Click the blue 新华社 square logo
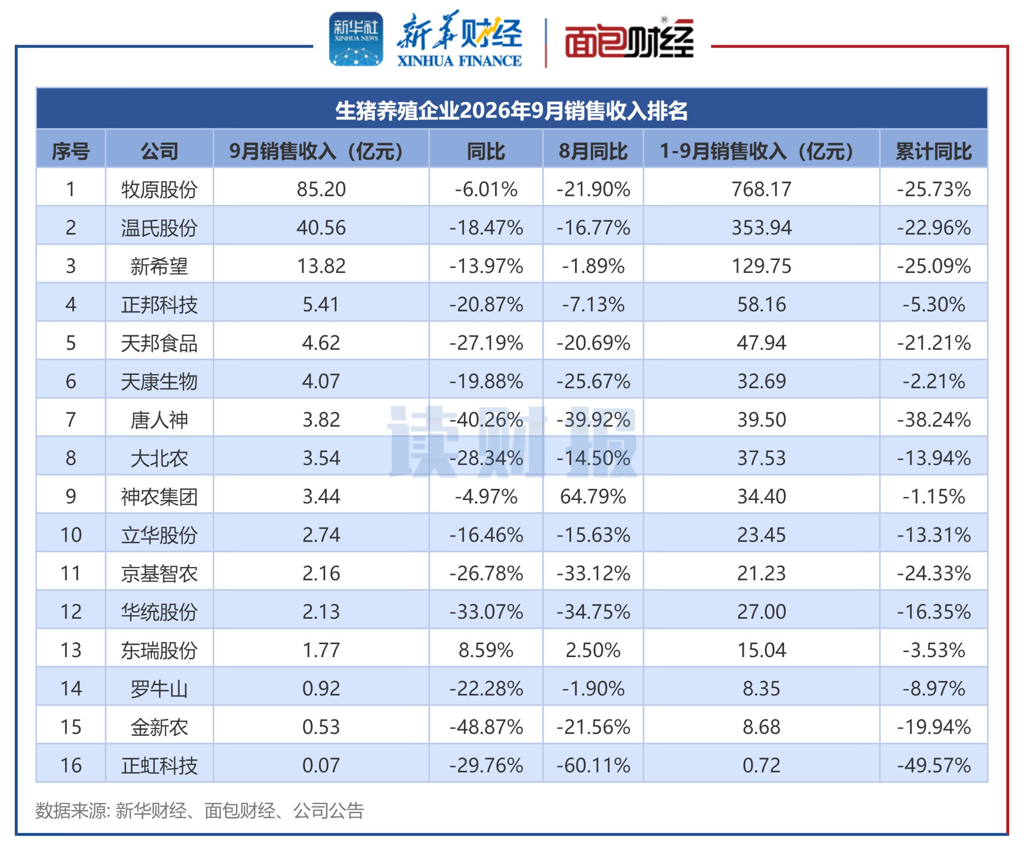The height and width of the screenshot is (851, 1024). (x=356, y=39)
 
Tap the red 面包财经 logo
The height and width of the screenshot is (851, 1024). (x=629, y=39)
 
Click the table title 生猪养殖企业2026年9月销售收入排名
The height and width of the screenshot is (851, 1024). (x=512, y=111)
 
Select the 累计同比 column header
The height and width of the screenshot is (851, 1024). (x=934, y=151)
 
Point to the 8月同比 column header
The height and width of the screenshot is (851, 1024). (x=593, y=151)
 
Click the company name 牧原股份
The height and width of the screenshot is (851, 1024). (x=159, y=189)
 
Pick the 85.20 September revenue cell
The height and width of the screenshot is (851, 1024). (x=321, y=189)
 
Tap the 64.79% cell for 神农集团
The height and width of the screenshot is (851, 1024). (x=593, y=496)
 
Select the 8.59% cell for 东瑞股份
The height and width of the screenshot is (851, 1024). (x=486, y=650)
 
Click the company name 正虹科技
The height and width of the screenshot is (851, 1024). (x=159, y=766)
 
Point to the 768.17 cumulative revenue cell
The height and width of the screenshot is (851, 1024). (x=761, y=189)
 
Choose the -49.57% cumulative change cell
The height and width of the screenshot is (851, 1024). (x=934, y=765)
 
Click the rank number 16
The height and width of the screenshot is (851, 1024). (x=71, y=765)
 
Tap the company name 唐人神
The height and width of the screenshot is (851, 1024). (x=159, y=420)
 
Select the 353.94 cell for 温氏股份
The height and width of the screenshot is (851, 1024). (x=761, y=228)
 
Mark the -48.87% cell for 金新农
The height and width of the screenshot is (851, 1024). (x=486, y=727)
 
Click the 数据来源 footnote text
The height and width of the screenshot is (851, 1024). (x=199, y=810)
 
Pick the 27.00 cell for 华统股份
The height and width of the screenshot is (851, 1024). (x=761, y=611)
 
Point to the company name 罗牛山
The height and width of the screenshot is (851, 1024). (x=159, y=688)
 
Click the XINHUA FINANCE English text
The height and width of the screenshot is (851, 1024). (x=459, y=60)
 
